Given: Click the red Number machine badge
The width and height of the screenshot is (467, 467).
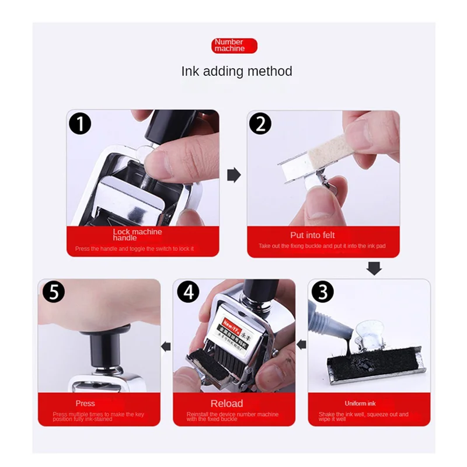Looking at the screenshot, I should tap(234, 46).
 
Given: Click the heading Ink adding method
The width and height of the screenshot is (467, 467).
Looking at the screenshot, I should tap(236, 71).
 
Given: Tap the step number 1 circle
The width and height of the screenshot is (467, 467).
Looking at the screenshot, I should tap(81, 124).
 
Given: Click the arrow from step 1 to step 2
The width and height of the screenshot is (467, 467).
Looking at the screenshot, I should tap(233, 175).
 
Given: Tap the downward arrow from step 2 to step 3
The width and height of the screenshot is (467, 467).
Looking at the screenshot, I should tap(374, 268).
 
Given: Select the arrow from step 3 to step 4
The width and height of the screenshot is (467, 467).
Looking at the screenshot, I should tap(301, 346).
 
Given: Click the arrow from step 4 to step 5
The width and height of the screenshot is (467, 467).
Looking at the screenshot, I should tap(166, 346).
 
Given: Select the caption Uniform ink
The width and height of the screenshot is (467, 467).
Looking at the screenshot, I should tap(360, 403).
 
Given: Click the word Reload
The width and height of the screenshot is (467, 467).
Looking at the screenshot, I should tap(226, 403).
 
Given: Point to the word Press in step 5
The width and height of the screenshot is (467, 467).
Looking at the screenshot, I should tap(85, 403).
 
